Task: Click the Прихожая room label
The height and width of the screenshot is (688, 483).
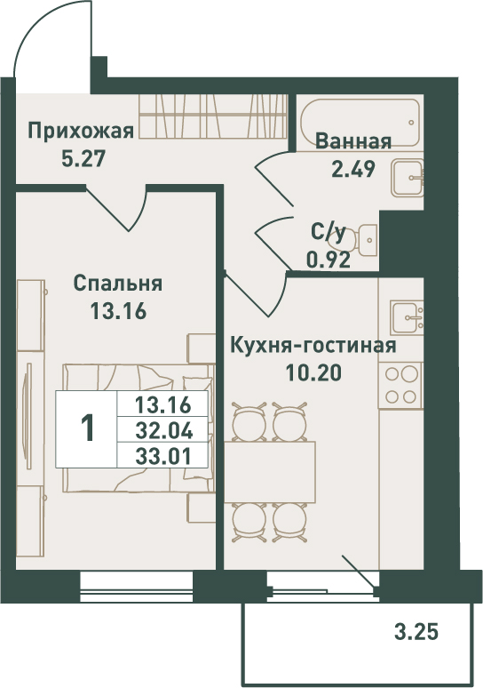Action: tap(81, 132)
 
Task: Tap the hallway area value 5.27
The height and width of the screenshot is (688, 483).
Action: tap(83, 159)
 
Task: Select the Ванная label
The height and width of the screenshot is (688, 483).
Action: tap(353, 141)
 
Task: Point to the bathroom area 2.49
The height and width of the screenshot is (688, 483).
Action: tap(353, 169)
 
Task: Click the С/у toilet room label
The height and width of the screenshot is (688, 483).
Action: tap(329, 233)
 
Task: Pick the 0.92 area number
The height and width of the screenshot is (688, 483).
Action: tap(329, 260)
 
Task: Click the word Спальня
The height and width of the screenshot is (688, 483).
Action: tap(118, 284)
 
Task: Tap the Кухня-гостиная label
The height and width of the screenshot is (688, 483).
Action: tap(313, 346)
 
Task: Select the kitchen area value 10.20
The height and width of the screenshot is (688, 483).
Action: tap(313, 373)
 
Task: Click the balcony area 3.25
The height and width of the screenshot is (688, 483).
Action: tap(416, 632)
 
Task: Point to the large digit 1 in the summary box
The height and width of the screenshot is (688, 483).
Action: tap(88, 428)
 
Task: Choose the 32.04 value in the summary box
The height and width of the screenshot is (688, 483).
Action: tap(164, 430)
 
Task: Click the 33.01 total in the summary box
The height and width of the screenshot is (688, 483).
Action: tap(164, 457)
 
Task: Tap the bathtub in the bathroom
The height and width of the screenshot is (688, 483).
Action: tap(360, 123)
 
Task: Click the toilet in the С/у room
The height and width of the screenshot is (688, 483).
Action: tap(365, 241)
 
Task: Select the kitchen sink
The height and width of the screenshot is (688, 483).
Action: tap(407, 316)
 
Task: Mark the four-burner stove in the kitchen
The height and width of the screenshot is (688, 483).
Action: tap(401, 386)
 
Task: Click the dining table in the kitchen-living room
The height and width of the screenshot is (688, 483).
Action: tap(270, 472)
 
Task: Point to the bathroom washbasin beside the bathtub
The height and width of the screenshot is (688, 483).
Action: tap(408, 178)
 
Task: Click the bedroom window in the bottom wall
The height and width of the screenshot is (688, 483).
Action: tap(137, 586)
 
